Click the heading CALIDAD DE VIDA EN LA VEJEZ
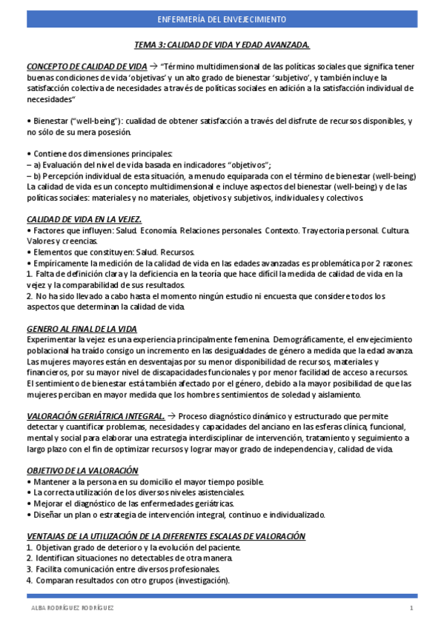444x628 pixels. coord(84,220)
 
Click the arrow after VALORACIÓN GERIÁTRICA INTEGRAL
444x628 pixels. coord(171,416)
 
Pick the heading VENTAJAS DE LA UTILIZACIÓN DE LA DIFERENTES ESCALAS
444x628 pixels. coord(166,536)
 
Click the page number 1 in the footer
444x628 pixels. coord(411,608)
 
